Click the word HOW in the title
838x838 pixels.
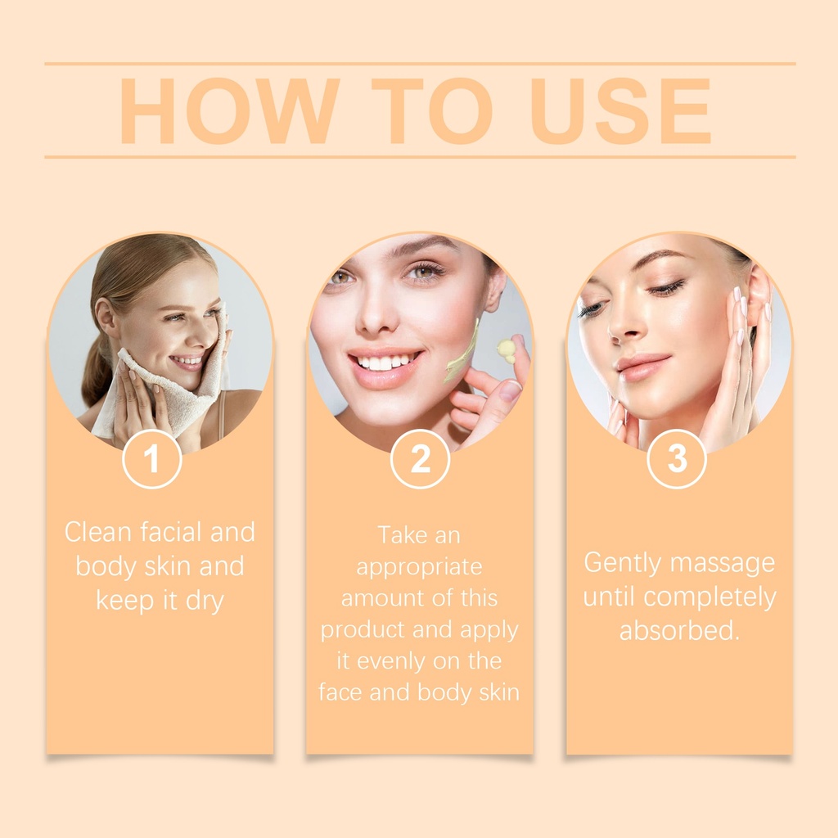(x=230, y=110)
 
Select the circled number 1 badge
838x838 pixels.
(x=151, y=458)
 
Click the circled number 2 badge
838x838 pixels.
(x=420, y=458)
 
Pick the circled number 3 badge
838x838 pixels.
(x=677, y=458)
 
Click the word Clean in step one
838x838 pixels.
(x=98, y=532)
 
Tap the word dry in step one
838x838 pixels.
(x=205, y=601)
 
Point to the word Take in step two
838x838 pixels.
(x=398, y=535)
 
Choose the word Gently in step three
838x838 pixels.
(x=623, y=564)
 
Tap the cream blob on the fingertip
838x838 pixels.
(x=506, y=349)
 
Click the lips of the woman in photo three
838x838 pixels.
(x=640, y=367)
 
